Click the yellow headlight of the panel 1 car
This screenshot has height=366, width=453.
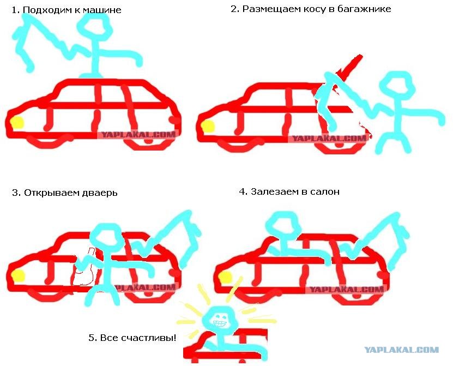coord(17,123)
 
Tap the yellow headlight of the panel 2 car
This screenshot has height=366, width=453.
coord(208,127)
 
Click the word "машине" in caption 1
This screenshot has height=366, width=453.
coord(102,10)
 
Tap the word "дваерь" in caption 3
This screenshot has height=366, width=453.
coord(100,193)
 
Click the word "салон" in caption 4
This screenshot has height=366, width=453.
coord(324,191)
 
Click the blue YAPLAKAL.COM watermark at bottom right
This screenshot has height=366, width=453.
coord(401,350)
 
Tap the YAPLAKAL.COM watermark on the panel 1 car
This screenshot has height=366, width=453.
coord(138,134)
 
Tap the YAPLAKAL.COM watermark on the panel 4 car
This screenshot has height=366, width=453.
coord(347,290)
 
